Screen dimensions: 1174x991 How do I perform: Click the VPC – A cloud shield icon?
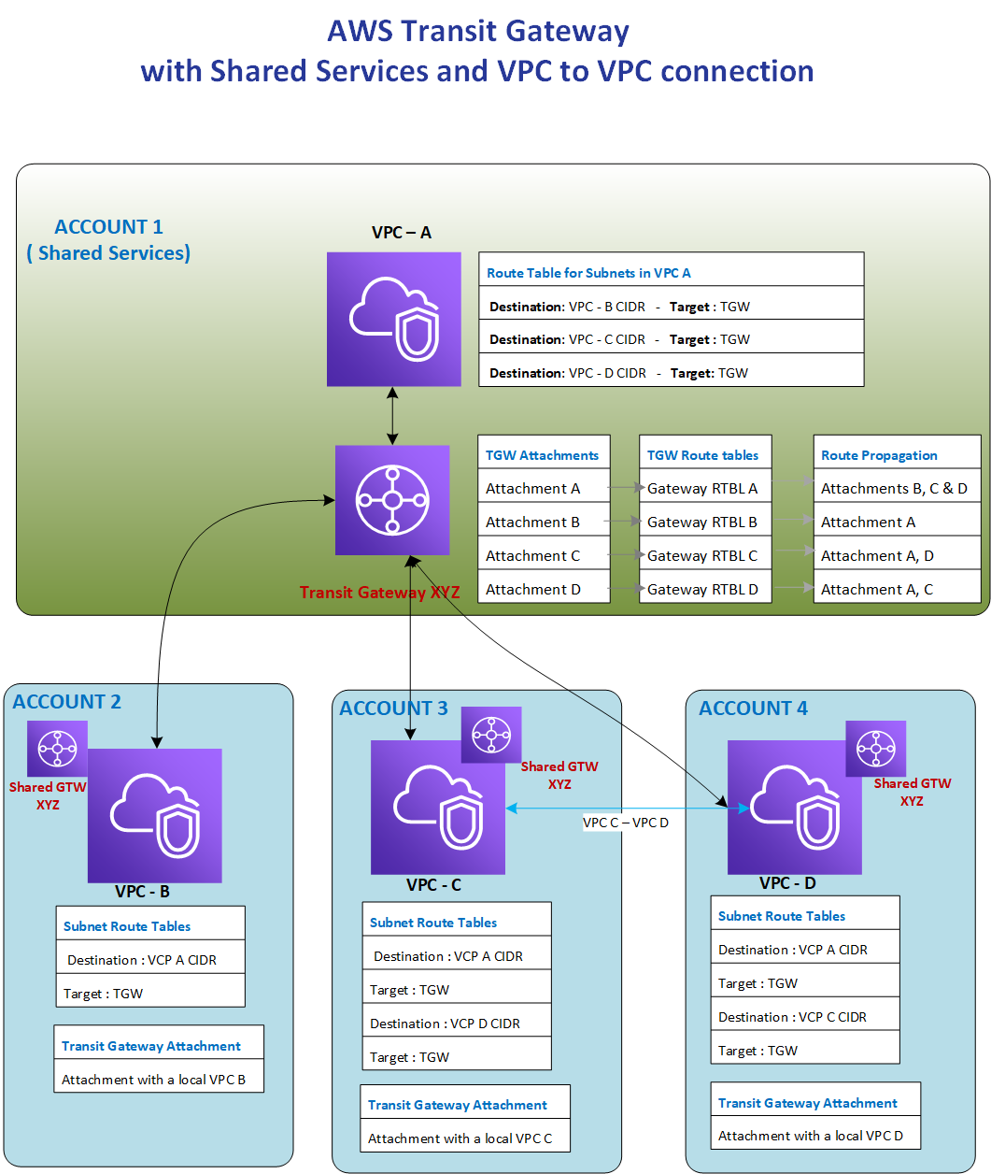click(393, 319)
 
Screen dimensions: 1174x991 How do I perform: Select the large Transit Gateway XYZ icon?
click(392, 500)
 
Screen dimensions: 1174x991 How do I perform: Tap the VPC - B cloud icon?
click(155, 815)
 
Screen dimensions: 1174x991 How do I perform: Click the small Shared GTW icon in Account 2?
click(57, 749)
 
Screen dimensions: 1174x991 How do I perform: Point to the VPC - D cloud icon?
click(794, 807)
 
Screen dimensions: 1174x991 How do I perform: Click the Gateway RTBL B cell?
click(704, 523)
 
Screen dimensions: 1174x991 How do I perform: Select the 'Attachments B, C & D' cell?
click(895, 489)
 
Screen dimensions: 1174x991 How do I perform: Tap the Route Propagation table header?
click(879, 455)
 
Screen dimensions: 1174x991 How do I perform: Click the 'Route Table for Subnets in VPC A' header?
click(588, 273)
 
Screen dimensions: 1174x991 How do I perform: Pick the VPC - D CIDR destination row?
click(618, 373)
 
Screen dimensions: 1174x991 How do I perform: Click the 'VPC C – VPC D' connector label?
click(626, 823)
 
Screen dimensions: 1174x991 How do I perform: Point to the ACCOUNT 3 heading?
click(393, 709)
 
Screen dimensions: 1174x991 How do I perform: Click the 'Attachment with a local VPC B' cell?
click(154, 1080)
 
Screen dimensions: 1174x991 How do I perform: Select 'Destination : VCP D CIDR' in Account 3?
click(446, 1024)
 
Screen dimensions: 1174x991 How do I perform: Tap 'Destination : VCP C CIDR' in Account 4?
click(792, 1017)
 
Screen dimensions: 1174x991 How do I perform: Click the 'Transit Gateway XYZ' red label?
click(379, 593)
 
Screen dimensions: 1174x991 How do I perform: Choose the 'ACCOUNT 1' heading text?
click(108, 227)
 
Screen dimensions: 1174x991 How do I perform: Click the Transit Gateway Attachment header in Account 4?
click(808, 1103)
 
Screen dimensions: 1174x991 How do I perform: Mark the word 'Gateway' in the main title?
click(568, 31)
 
